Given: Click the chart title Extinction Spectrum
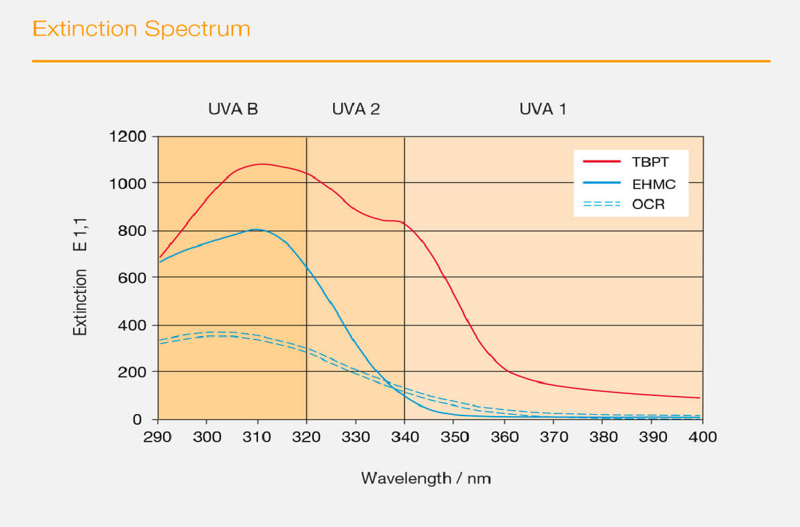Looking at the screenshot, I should tap(141, 29).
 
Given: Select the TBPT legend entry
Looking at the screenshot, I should tap(650, 162).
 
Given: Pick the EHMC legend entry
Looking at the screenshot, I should tap(654, 183).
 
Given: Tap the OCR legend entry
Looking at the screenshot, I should tap(648, 204).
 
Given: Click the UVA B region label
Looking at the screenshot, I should tap(233, 109).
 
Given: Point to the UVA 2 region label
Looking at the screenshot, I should tap(356, 109).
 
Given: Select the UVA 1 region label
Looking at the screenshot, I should tap(543, 109).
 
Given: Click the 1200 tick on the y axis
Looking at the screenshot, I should tap(128, 137).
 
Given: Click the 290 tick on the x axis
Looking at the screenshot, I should tap(158, 437).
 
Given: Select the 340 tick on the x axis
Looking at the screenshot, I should tap(405, 437).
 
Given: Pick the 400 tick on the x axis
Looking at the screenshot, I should tap(703, 437).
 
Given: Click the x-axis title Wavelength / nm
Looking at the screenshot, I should tap(426, 479).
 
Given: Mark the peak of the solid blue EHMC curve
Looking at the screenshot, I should tap(257, 229).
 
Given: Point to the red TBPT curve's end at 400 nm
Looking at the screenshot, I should tap(699, 397).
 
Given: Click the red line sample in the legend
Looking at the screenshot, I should tap(601, 162).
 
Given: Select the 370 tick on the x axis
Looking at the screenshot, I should tap(554, 437).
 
